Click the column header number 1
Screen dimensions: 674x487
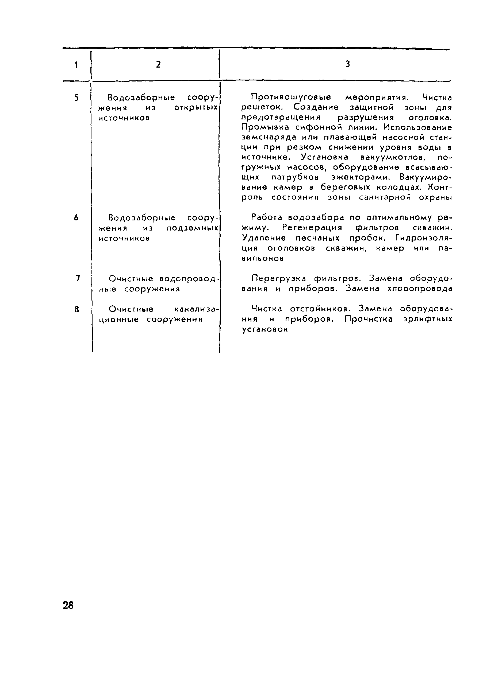point(76,64)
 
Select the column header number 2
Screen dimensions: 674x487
point(158,64)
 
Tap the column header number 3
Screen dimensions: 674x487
point(347,64)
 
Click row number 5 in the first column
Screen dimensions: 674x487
point(77,98)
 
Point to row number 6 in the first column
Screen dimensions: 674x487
point(76,217)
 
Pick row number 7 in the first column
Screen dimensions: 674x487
point(78,278)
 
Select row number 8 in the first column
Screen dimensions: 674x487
point(77,309)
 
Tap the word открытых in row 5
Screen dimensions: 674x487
point(196,108)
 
